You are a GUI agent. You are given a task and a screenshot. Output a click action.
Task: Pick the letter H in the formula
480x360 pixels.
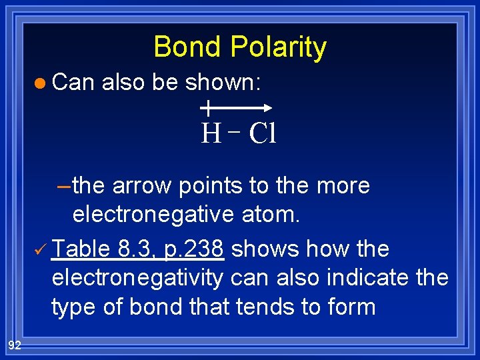[211, 134]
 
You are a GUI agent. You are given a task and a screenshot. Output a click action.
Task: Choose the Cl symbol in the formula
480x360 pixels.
[262, 134]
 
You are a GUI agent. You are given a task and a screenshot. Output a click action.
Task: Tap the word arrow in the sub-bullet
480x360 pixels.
[142, 185]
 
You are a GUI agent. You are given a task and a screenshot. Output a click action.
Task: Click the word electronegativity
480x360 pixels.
[137, 277]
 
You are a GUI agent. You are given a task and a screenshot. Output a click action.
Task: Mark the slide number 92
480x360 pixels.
[15, 344]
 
